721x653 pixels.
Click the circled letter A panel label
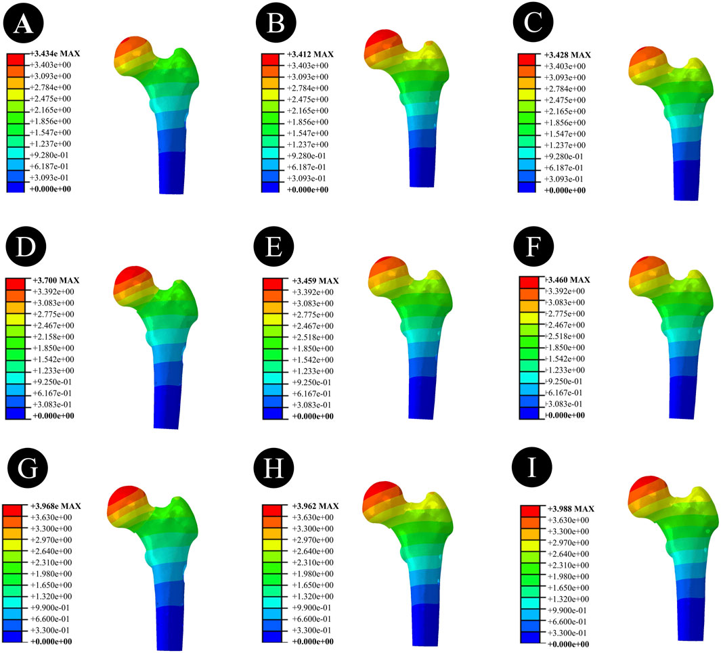click(x=24, y=24)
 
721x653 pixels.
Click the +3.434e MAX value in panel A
click(x=55, y=53)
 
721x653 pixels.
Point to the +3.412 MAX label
click(x=310, y=54)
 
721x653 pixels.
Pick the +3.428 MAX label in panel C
click(x=567, y=55)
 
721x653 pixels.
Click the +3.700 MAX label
click(x=56, y=280)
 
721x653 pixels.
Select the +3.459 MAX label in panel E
click(x=315, y=281)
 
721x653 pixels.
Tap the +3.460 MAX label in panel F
click(x=567, y=280)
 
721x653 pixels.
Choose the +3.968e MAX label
click(x=56, y=506)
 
